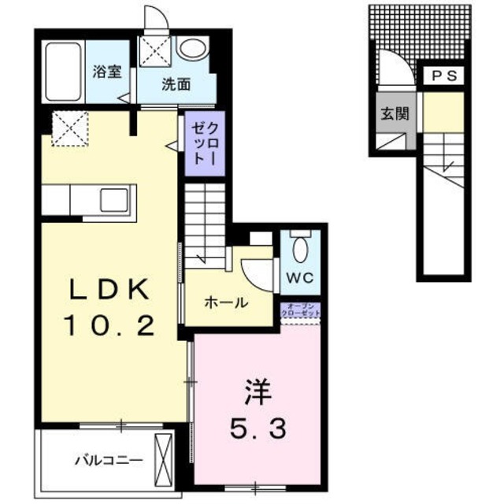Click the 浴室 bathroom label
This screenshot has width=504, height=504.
click(106, 72)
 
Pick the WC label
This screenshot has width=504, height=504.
click(299, 278)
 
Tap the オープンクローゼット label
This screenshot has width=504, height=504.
click(300, 309)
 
